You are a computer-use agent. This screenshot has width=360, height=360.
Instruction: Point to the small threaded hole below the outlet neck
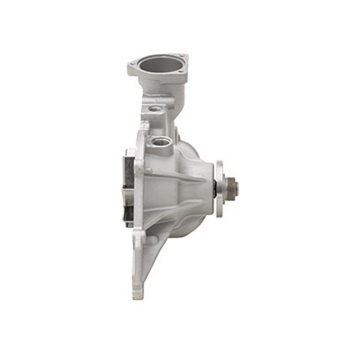point(154,109)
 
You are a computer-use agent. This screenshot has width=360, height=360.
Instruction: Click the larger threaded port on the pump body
point(160,139)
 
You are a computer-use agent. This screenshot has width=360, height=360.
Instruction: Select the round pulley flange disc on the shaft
point(218,187)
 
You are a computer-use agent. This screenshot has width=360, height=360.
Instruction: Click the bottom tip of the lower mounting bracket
point(138,294)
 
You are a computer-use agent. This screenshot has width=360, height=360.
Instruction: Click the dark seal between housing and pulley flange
point(209,187)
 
